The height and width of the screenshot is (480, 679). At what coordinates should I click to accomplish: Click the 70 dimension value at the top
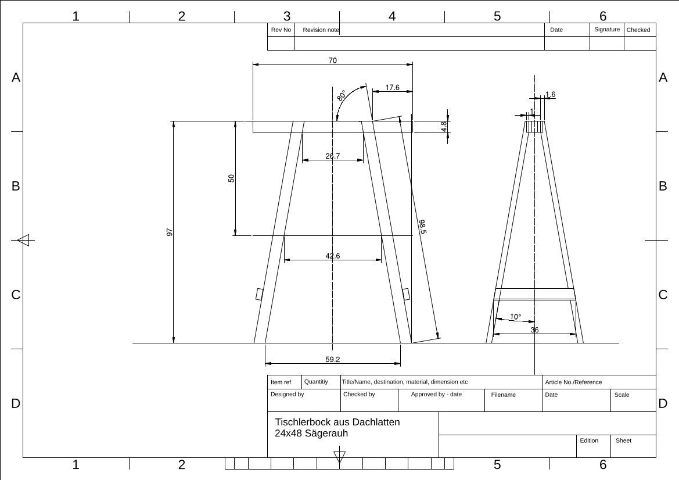pos(333,60)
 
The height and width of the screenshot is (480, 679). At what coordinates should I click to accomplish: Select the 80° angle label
pos(341,96)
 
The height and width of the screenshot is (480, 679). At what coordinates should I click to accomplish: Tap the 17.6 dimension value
pos(392,88)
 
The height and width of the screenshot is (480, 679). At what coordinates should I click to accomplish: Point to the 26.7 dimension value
pos(333,156)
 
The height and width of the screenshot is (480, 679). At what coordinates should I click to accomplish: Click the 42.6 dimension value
pos(333,256)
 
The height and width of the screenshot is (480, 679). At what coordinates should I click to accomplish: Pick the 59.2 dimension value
pos(333,360)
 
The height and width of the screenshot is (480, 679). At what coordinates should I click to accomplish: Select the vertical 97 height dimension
pos(170,232)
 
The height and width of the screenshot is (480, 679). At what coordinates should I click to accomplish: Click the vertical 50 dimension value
pos(231,178)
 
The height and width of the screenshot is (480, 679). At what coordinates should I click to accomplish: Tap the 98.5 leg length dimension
pos(423,227)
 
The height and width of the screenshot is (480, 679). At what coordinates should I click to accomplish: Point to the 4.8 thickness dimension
pos(444,127)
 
